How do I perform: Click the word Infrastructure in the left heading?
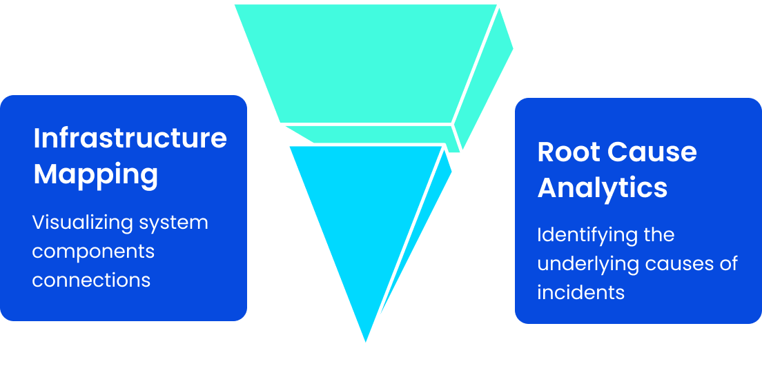pos(130,139)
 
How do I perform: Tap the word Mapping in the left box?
pos(95,174)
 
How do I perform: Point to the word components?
pos(93,252)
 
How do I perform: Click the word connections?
pos(91,280)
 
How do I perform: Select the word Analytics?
pos(602,187)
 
